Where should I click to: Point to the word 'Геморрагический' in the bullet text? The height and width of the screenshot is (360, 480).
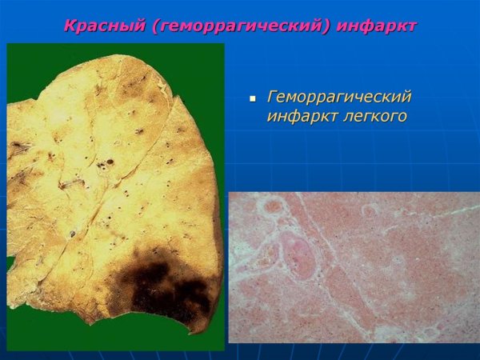(x=339, y=98)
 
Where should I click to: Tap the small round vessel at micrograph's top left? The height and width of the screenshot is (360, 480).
(x=274, y=206)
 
